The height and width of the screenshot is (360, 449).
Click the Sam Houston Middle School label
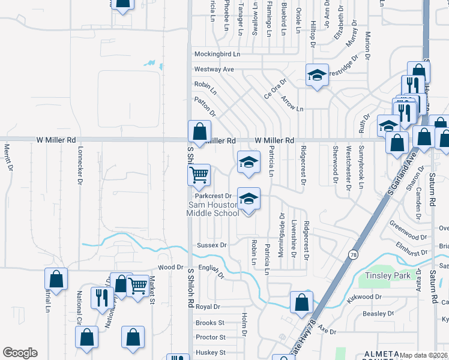(212, 209)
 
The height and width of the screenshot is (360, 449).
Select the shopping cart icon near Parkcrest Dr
(199, 175)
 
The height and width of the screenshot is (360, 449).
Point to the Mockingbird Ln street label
(217, 54)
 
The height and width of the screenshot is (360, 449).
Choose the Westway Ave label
(213, 70)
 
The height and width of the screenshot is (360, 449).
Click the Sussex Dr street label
(211, 245)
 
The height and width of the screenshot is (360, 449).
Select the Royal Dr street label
(208, 307)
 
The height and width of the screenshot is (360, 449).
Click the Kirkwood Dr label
(364, 297)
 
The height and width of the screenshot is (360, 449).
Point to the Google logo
(20, 353)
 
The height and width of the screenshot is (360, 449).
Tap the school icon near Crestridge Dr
(317, 75)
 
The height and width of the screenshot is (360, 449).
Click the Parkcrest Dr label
(212, 196)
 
